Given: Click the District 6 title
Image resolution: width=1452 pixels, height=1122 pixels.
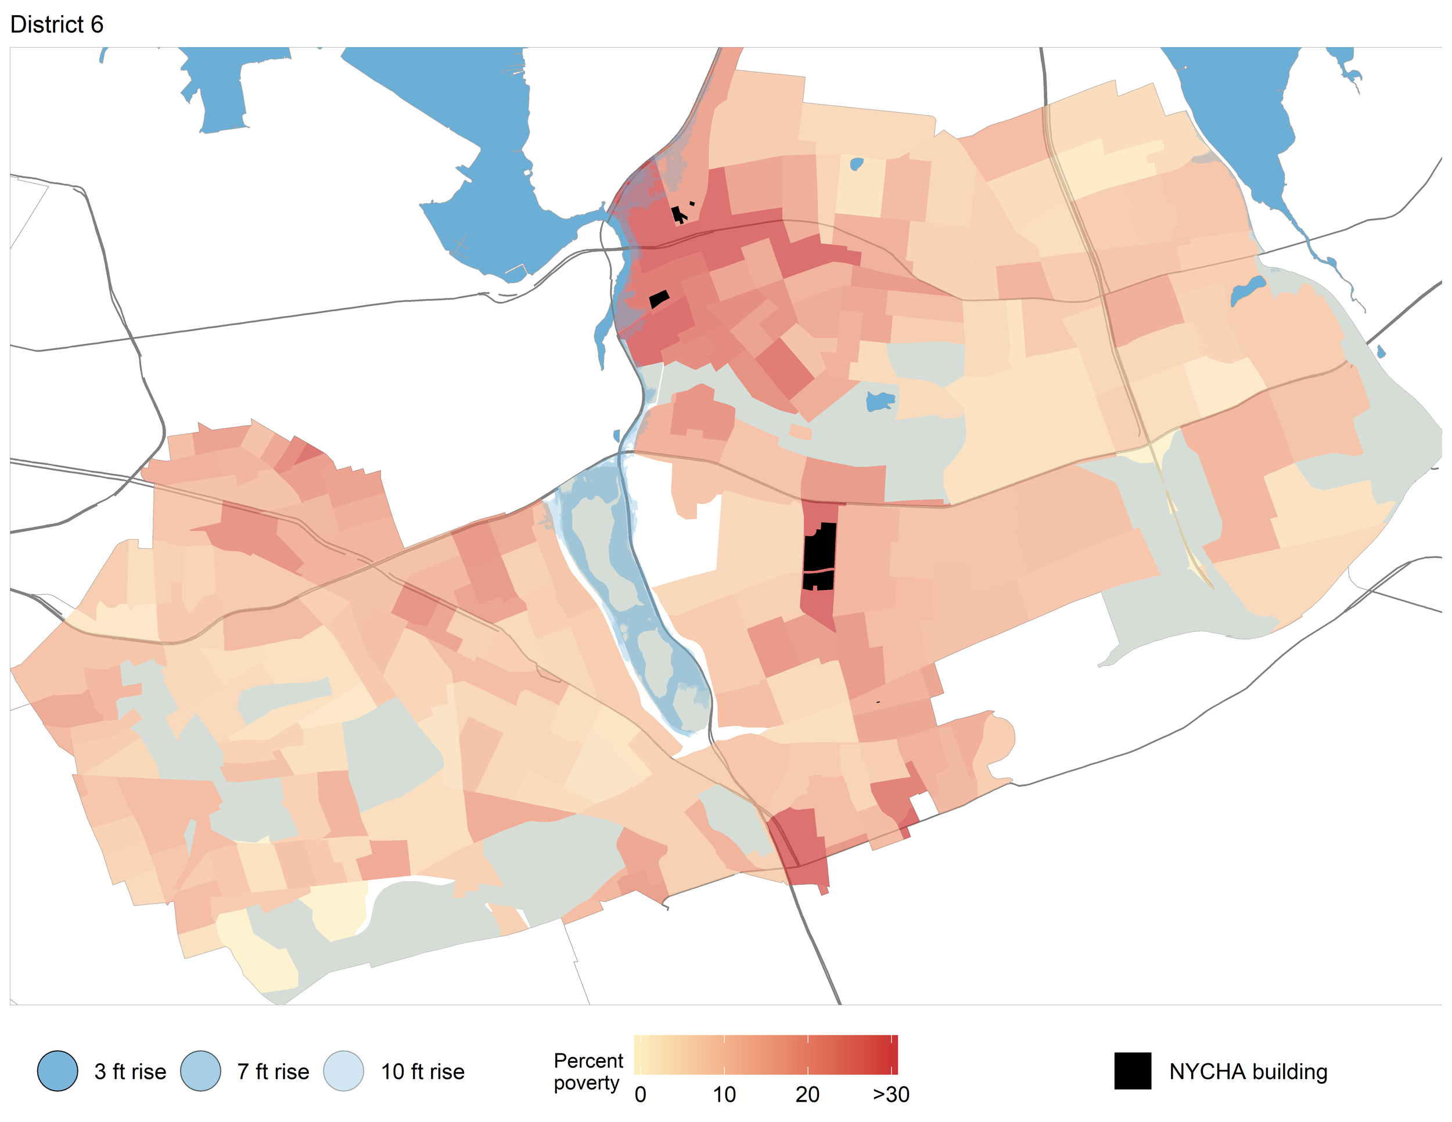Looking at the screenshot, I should tap(56, 24).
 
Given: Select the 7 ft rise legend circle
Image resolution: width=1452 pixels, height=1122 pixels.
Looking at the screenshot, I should tap(200, 1071).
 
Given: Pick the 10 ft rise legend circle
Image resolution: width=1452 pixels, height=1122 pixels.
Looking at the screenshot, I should tap(344, 1071).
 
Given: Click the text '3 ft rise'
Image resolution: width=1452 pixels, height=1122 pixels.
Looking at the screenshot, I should tap(130, 1071).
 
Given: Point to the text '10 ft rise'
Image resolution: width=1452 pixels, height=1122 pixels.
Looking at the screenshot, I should tap(422, 1071).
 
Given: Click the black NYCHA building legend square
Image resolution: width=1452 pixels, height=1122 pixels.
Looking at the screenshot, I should tap(1132, 1071).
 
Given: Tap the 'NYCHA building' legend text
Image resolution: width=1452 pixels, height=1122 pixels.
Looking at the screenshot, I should tap(1248, 1071).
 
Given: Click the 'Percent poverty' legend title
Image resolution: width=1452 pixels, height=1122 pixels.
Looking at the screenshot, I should tap(588, 1071).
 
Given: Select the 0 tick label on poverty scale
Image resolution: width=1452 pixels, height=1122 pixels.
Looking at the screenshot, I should tap(640, 1095).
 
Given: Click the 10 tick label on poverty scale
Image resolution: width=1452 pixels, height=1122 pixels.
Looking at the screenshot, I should tap(724, 1095).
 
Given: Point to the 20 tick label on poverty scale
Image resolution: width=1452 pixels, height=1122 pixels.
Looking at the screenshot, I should tap(807, 1095).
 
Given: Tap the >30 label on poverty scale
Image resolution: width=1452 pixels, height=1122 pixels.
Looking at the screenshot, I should tap(891, 1095).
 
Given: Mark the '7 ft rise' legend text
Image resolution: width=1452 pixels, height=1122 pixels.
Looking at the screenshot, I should tap(273, 1071).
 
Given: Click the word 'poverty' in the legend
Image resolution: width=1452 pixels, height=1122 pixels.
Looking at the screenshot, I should tap(587, 1083).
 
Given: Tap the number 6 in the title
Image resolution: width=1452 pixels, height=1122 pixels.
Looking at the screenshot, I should tap(96, 24).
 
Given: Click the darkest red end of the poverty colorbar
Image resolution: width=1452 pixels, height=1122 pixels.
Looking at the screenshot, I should tap(893, 1055).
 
